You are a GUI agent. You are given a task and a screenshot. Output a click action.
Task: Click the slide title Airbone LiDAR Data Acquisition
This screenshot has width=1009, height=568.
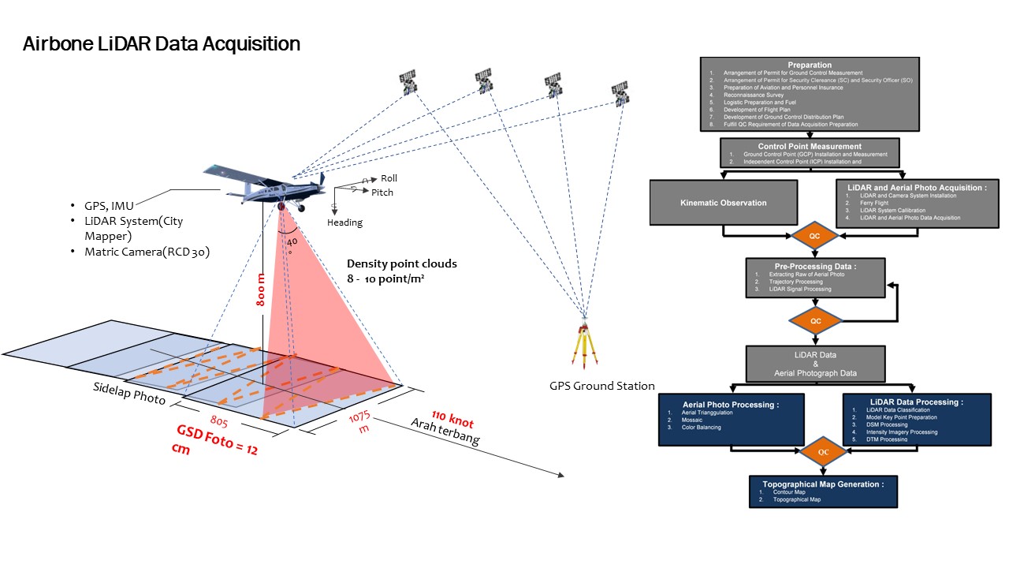pos(162,44)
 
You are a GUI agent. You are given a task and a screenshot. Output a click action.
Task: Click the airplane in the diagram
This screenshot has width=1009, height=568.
pos(264,183)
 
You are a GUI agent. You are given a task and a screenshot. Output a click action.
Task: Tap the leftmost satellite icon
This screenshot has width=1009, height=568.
pos(408,80)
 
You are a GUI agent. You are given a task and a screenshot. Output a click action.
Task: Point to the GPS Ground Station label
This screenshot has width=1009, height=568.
pos(602,386)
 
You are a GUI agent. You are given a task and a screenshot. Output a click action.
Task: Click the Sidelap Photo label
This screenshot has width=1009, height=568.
pos(129,393)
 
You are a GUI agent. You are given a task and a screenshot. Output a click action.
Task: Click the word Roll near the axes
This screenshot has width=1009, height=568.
pos(389,178)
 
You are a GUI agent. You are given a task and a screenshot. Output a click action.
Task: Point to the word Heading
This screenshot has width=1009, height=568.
pos(344,222)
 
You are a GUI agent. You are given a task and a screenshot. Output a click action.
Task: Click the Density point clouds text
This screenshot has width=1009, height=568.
pos(402,263)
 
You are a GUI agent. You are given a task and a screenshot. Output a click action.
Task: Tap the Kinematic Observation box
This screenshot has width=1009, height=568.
pos(723,203)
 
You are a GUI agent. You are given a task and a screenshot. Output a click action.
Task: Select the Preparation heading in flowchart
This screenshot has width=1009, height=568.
pos(809,65)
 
